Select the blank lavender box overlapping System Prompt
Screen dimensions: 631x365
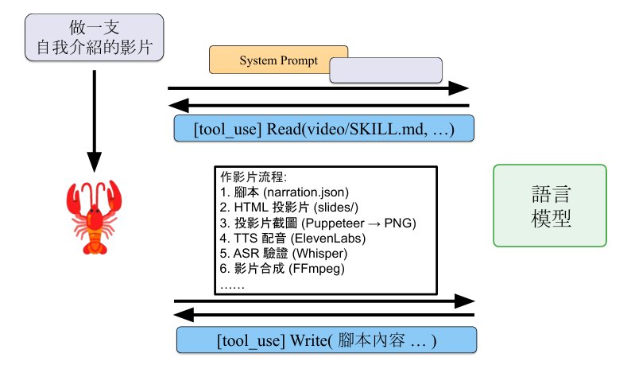point(386,70)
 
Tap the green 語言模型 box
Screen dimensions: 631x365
point(550,205)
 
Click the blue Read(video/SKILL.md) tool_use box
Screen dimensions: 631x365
point(324,129)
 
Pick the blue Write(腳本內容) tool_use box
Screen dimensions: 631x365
point(327,340)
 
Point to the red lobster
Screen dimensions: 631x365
point(94,217)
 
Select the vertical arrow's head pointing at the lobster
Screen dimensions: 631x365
point(94,162)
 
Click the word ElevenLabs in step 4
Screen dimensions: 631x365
point(330,239)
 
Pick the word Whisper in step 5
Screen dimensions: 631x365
point(319,254)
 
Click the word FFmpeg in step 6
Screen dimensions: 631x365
point(317,269)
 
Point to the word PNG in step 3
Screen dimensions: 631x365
point(397,223)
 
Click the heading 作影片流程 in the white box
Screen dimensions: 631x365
point(251,177)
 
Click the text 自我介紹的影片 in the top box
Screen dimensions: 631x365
point(94,47)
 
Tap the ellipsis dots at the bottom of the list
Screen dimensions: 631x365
point(232,287)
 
